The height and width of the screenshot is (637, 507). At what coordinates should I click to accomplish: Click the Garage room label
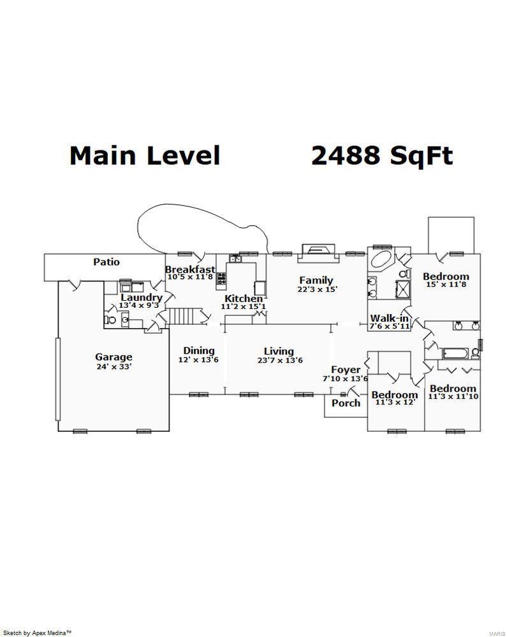[x=114, y=357]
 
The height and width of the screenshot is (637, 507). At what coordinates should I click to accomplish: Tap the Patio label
[x=107, y=262]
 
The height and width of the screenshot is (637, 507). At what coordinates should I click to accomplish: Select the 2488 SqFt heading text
[x=382, y=155]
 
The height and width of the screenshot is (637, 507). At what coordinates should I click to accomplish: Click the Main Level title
[x=145, y=155]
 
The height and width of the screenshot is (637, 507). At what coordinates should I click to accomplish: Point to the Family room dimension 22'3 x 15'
[x=317, y=289]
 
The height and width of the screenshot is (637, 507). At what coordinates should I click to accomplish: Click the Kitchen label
[x=244, y=299]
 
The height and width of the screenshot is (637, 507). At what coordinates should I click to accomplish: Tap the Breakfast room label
[x=190, y=269]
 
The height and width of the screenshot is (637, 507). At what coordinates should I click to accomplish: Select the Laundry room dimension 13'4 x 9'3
[x=138, y=305]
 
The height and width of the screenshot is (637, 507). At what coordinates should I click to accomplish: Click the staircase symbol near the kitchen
[x=185, y=316]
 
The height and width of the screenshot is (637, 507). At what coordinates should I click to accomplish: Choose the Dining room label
[x=199, y=350]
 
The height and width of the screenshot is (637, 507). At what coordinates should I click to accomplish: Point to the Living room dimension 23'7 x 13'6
[x=280, y=360]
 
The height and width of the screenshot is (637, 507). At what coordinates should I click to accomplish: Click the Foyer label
[x=346, y=369]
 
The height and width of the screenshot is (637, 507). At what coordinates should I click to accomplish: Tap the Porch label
[x=346, y=403]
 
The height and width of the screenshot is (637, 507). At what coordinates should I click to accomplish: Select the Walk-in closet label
[x=389, y=318]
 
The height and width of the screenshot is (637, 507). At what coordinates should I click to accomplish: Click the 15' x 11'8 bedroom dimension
[x=446, y=284]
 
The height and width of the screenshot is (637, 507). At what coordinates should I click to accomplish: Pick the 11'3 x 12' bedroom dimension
[x=394, y=402]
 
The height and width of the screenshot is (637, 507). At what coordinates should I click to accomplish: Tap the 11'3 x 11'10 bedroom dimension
[x=453, y=396]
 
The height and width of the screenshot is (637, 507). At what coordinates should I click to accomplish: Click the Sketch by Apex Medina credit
[x=38, y=633]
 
